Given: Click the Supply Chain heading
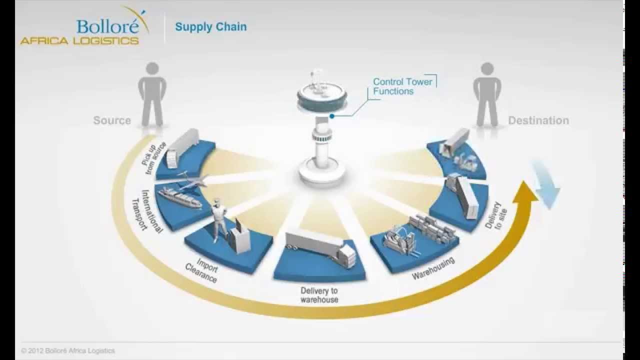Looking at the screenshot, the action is pyautogui.click(x=210, y=27).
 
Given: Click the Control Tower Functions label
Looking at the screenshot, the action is pyautogui.click(x=402, y=86).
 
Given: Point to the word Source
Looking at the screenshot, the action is pyautogui.click(x=112, y=120).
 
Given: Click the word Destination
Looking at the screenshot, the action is pyautogui.click(x=538, y=120).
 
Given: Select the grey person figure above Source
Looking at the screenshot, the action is pyautogui.click(x=152, y=93).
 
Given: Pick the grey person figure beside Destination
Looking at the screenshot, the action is pyautogui.click(x=486, y=93).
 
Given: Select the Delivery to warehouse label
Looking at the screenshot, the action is pyautogui.click(x=319, y=295).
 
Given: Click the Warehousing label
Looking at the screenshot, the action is pyautogui.click(x=433, y=268).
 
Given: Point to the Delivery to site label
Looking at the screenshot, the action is pyautogui.click(x=496, y=215).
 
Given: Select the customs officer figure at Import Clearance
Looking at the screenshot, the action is pyautogui.click(x=218, y=219).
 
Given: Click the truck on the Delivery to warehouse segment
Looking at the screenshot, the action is pyautogui.click(x=320, y=248).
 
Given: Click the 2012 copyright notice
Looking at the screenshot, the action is pyautogui.click(x=68, y=351).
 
